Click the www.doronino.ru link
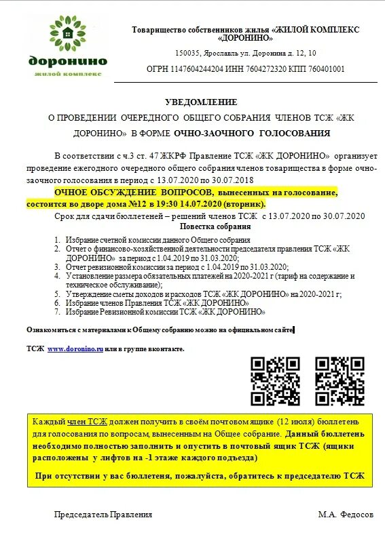75,348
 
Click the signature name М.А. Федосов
346,515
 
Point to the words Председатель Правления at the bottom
103,515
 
